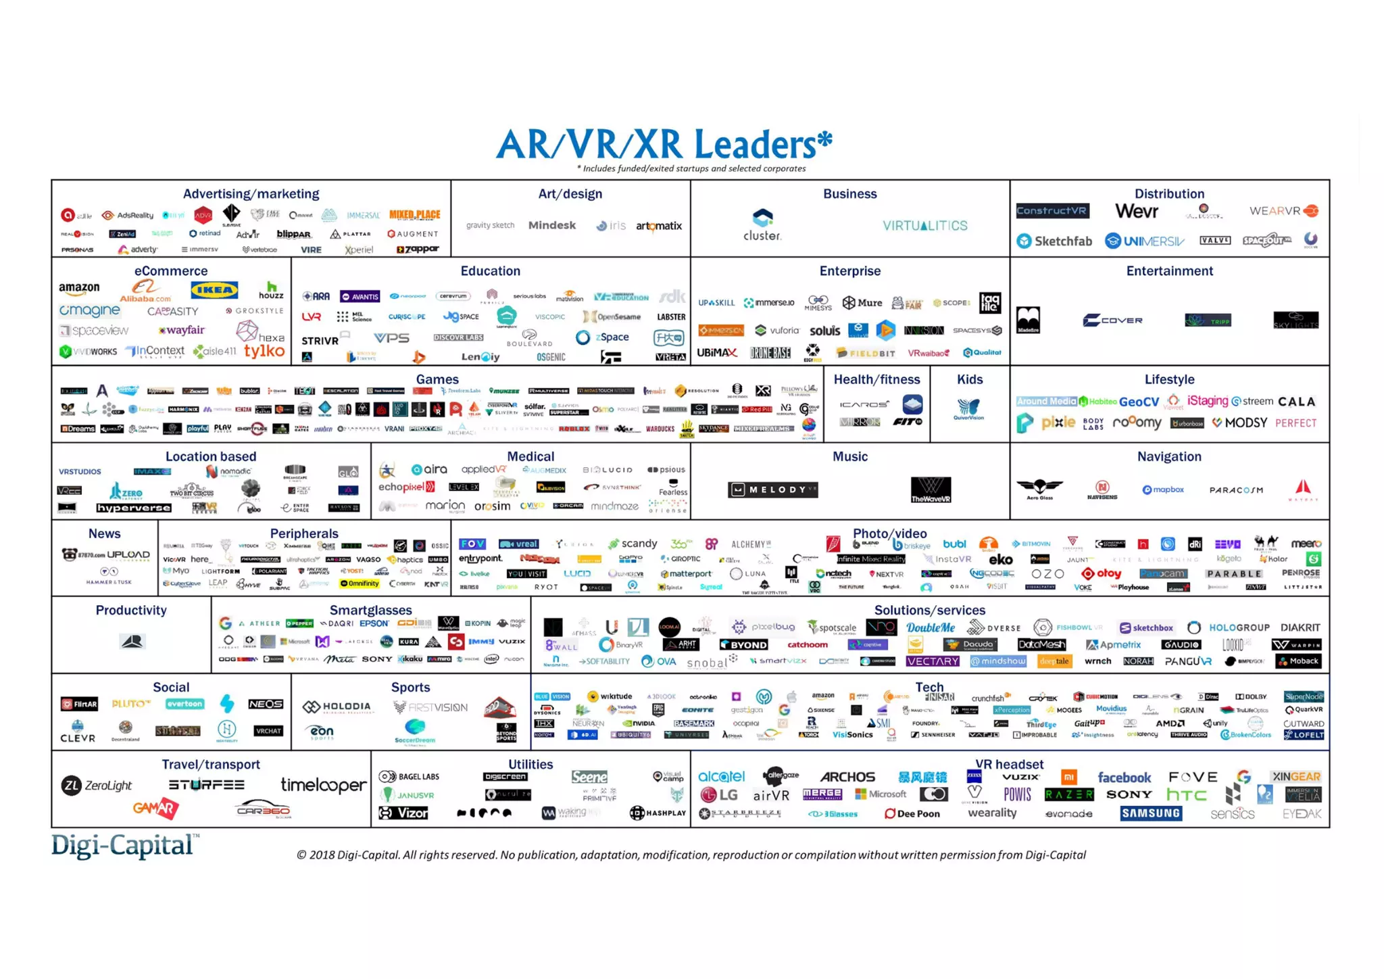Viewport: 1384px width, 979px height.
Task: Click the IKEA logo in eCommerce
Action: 214,291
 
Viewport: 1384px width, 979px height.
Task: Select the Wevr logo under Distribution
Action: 1137,212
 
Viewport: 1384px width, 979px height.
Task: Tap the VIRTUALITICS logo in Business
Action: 924,226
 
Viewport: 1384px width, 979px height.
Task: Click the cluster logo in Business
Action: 762,225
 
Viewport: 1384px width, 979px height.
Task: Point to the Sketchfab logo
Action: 1055,241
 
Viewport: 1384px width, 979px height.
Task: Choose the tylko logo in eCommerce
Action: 264,351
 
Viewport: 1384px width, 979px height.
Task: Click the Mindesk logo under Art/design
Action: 552,225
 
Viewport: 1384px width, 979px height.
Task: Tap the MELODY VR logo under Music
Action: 773,489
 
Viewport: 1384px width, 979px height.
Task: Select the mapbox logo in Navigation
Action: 1163,489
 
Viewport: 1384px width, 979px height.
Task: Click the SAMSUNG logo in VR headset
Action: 1152,813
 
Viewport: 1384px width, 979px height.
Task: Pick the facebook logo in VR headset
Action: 1124,778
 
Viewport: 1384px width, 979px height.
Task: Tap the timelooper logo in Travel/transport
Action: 324,785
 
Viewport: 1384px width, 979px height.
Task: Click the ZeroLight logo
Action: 97,785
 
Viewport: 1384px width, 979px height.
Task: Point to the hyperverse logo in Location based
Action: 133,508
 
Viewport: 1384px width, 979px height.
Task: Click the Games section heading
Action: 437,379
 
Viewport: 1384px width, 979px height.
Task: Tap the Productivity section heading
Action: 131,610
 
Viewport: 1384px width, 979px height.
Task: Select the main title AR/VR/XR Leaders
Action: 664,144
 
